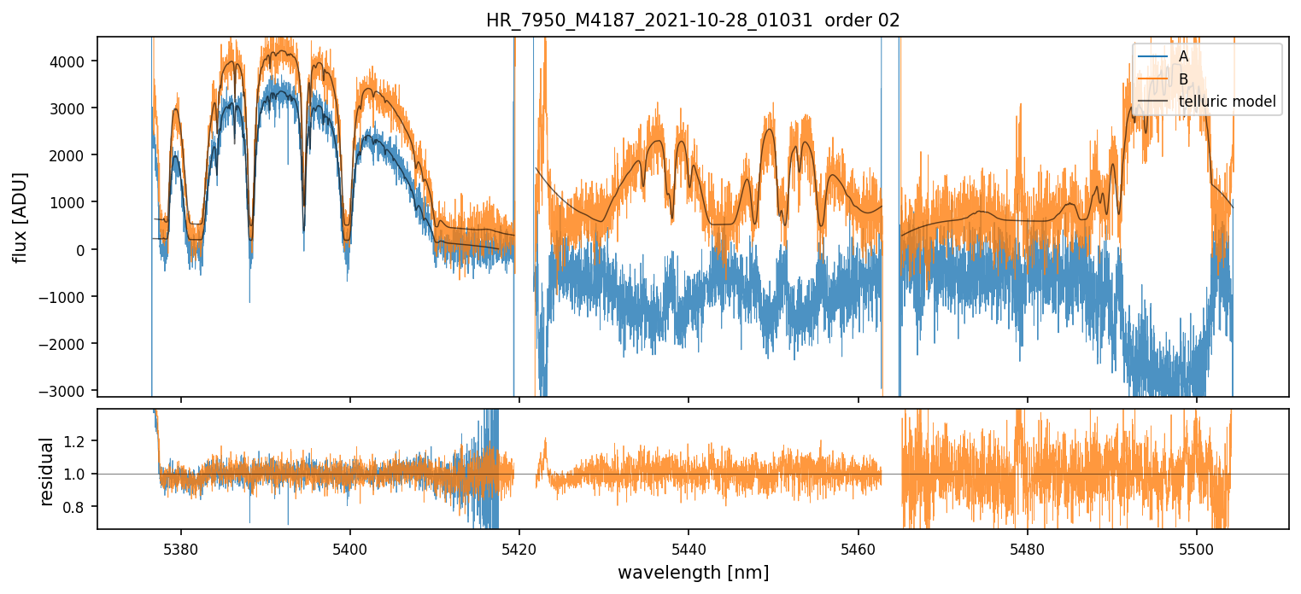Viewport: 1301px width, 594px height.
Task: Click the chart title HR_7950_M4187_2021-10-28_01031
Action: [x=649, y=20]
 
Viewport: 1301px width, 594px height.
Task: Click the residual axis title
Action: [x=48, y=471]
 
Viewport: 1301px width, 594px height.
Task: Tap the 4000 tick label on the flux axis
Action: [x=73, y=61]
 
